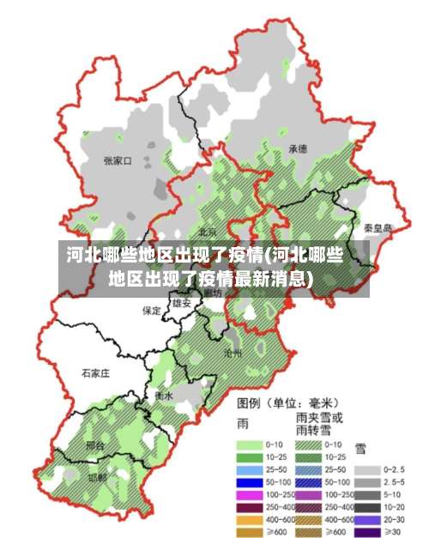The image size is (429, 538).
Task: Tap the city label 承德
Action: pyautogui.click(x=298, y=148)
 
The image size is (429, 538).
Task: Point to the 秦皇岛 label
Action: pyautogui.click(x=378, y=227)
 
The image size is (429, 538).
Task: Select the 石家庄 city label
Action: pyautogui.click(x=95, y=373)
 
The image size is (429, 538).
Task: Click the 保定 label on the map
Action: pyautogui.click(x=152, y=311)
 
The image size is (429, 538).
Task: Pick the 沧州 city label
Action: pyautogui.click(x=233, y=353)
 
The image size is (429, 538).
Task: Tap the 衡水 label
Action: pyautogui.click(x=164, y=396)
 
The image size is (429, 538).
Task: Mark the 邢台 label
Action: pyautogui.click(x=95, y=446)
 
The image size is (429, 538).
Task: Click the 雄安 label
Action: pyautogui.click(x=181, y=303)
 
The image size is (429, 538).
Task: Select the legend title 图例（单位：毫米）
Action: pyautogui.click(x=287, y=402)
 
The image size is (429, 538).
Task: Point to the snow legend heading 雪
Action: pyautogui.click(x=361, y=448)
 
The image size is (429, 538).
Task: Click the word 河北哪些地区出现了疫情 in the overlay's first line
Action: pyautogui.click(x=164, y=255)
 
